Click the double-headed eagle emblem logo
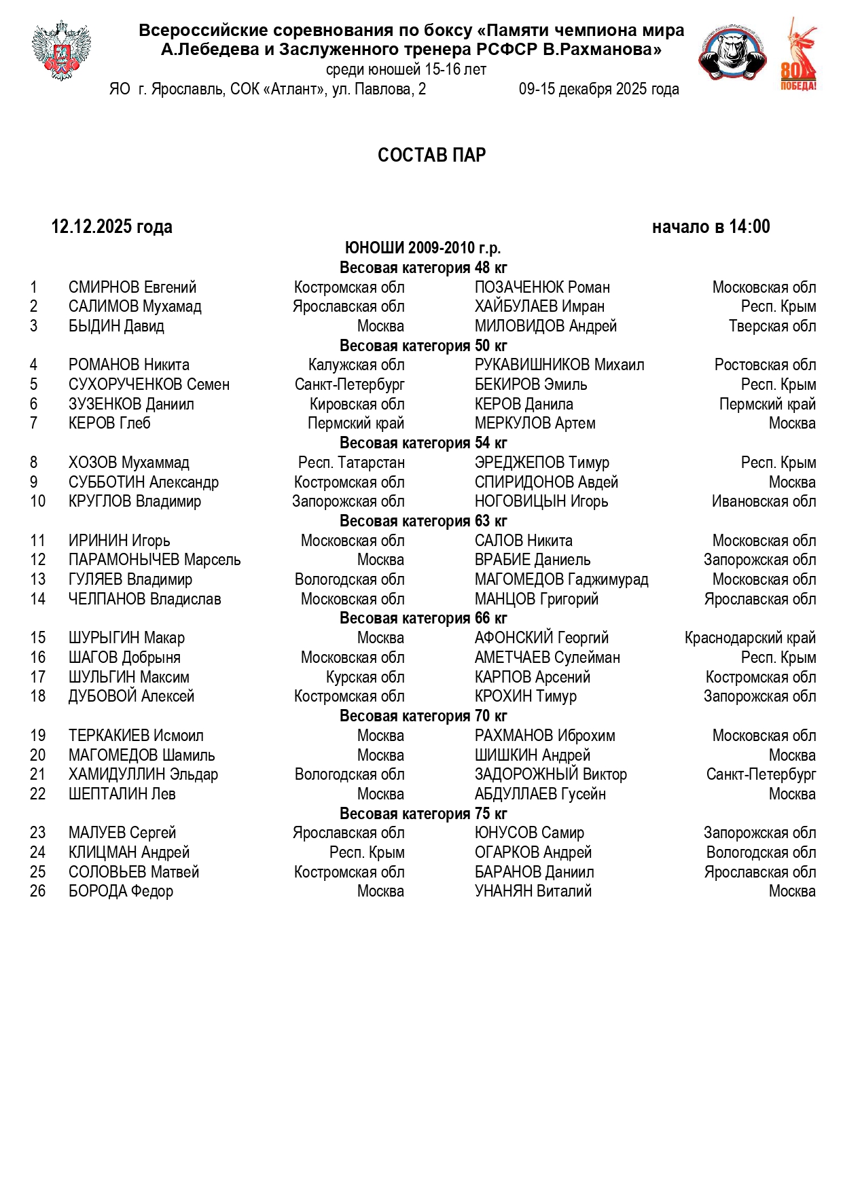pos(61,51)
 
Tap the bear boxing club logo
pos(732,54)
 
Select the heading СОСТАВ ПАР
pos(431,156)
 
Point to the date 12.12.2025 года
pos(111,227)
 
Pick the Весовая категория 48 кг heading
pos(423,268)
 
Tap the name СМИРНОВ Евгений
pos(132,287)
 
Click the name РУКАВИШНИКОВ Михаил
pos(559,365)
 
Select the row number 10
pos(38,502)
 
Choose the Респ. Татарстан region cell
pos(351,463)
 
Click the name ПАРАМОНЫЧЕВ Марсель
pos(154,560)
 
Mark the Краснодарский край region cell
pos(750,638)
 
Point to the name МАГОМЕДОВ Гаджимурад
pos(561,580)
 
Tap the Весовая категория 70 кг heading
pos(423,717)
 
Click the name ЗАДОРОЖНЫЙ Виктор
pos(550,775)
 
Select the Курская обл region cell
pos(365,678)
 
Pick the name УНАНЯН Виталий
pos(533,892)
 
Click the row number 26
pos(38,892)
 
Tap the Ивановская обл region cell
pos(764,502)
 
